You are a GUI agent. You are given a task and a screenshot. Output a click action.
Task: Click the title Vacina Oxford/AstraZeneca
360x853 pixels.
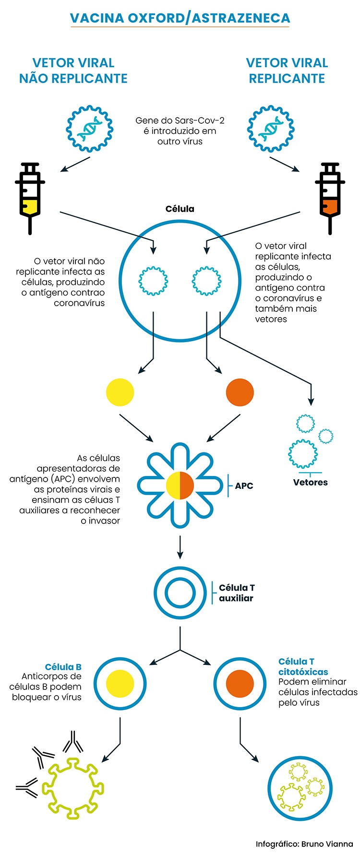180,18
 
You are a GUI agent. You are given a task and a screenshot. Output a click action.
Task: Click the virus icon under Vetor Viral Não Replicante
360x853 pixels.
90,129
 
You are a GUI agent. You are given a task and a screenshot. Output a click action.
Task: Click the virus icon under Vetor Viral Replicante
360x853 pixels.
271,129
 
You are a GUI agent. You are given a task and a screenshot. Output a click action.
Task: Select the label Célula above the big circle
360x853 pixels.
180,209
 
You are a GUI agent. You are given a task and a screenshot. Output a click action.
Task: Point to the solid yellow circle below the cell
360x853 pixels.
120,392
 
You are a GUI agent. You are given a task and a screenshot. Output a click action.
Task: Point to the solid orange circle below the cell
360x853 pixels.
240,392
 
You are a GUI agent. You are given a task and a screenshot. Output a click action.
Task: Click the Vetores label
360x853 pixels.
311,482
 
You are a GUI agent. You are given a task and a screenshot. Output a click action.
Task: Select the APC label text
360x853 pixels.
244,486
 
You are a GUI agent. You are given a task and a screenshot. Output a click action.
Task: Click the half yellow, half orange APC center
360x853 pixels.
180,486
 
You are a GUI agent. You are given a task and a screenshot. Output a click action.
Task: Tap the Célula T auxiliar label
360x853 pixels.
237,593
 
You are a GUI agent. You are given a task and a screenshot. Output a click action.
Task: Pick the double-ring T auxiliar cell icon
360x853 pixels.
180,593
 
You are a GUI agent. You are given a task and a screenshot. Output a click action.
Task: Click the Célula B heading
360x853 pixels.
63,667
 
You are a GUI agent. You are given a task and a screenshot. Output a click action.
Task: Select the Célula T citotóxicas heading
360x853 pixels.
303,667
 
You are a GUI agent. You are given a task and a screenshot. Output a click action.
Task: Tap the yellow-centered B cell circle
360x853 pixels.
120,683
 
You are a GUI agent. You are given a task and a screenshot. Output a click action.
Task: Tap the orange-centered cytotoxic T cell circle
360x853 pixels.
240,683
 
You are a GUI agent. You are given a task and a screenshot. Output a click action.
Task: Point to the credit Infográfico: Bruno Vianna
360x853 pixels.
304,843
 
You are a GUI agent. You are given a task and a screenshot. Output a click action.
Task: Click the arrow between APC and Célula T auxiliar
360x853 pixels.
180,547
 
